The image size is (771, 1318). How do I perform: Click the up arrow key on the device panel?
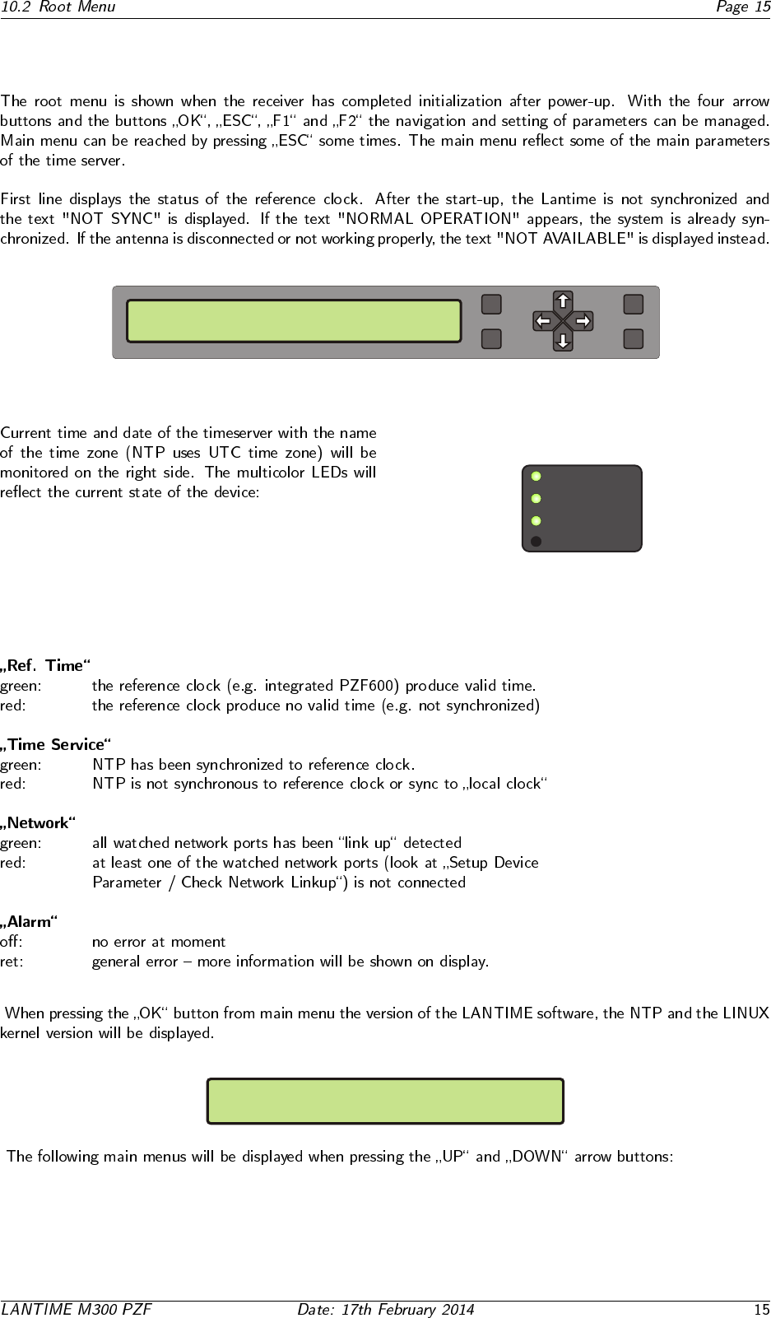pyautogui.click(x=563, y=300)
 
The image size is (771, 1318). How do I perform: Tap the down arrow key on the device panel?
pyautogui.click(x=563, y=340)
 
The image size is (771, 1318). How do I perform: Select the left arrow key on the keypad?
pyautogui.click(x=542, y=320)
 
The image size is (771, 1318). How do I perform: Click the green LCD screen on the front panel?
pyautogui.click(x=294, y=321)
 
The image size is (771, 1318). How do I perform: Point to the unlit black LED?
pyautogui.click(x=536, y=542)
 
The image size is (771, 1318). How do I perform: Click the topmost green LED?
pyautogui.click(x=536, y=476)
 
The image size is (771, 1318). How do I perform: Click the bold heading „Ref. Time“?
pyautogui.click(x=46, y=665)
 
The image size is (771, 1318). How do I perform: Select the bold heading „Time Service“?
pyautogui.click(x=56, y=744)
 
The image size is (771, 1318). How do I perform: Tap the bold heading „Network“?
pyautogui.click(x=39, y=823)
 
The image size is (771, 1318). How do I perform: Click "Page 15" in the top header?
pyautogui.click(x=742, y=7)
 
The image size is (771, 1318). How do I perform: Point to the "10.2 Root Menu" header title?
pyautogui.click(x=58, y=7)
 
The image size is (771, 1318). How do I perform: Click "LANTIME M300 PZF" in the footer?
pyautogui.click(x=77, y=1309)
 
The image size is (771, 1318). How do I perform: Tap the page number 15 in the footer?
pyautogui.click(x=761, y=1309)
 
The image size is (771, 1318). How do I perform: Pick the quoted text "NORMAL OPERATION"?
pyautogui.click(x=429, y=219)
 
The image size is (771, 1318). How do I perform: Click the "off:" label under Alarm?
pyautogui.click(x=12, y=942)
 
